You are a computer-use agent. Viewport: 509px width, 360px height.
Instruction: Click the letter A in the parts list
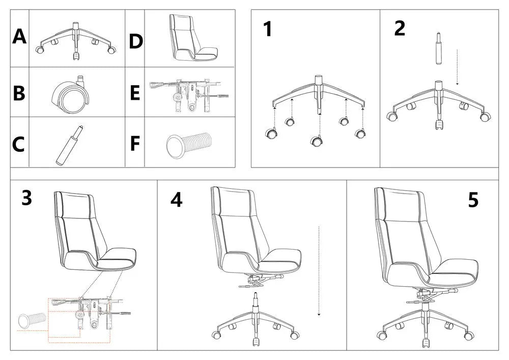coord(19,37)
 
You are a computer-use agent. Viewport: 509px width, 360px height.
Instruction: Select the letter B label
coord(19,94)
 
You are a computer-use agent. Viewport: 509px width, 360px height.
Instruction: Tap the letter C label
coord(19,145)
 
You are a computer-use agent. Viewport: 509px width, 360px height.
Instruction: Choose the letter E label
coord(135,94)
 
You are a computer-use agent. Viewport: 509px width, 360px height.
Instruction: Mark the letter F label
coord(135,144)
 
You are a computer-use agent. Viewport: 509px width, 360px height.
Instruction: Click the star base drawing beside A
coord(76,41)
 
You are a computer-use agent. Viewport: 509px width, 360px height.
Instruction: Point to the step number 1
coord(267,30)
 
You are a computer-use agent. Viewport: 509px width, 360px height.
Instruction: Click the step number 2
coord(400,29)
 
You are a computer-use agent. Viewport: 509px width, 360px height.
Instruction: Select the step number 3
coord(26,199)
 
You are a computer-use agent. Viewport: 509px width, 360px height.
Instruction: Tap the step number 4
coord(176,201)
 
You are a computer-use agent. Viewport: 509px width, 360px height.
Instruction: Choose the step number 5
coord(473,201)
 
